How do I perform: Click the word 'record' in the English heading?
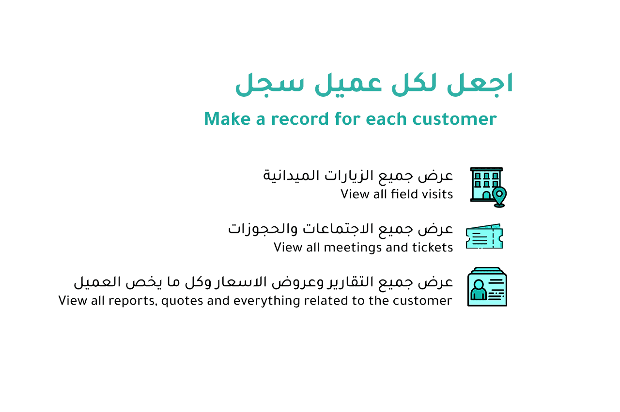(300, 119)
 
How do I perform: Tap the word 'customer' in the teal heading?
(455, 119)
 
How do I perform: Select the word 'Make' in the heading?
(228, 119)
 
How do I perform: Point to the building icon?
(488, 187)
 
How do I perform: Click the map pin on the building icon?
(499, 197)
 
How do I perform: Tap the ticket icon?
(484, 236)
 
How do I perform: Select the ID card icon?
(487, 287)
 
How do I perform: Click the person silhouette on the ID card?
(479, 290)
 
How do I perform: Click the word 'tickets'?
(433, 247)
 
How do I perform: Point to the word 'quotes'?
(182, 301)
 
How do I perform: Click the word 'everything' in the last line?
(267, 301)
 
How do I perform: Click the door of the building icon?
(486, 195)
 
